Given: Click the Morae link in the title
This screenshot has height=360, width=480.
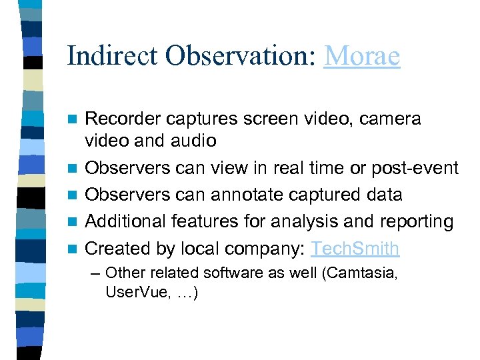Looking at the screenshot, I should [x=362, y=55].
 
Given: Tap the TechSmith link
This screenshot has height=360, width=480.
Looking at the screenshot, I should [x=356, y=248].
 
